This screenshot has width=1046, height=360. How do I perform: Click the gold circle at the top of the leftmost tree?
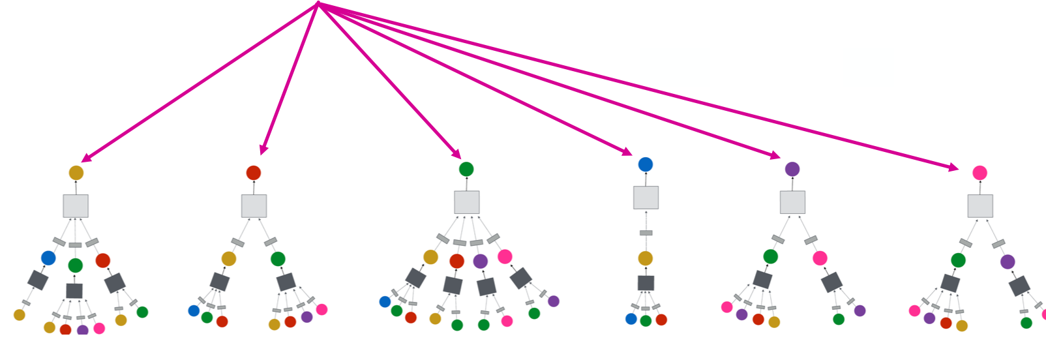point(76,173)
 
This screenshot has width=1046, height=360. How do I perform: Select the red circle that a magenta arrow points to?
point(254,173)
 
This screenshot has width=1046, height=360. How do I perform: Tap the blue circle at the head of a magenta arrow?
point(646,164)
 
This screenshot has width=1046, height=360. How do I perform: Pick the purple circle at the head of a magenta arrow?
point(792,169)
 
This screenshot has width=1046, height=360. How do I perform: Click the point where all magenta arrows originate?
point(318,3)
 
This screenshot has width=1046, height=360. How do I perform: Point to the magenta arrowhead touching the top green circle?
point(456,154)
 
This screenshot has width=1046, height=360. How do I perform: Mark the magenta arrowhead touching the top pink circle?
point(953,168)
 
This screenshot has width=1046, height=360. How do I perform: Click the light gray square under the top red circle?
point(254,206)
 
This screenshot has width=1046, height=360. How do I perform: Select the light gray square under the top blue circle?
point(646,198)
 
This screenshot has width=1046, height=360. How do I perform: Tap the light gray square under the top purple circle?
point(792,202)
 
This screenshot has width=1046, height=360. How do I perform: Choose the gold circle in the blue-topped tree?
point(646,258)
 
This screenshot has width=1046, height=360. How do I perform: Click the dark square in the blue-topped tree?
point(646,283)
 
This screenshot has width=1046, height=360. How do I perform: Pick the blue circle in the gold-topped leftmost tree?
point(48,258)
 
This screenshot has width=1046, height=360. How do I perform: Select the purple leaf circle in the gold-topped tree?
point(83,330)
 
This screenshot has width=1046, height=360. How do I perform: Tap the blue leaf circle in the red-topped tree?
point(194,310)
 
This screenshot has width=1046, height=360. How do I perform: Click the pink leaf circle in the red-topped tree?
point(321,309)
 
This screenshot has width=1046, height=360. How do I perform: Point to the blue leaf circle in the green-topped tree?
point(385,301)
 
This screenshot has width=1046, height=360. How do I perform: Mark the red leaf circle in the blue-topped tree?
point(661,320)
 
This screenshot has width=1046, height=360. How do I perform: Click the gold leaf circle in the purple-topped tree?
point(774,322)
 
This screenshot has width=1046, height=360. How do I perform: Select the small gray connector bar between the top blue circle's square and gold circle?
point(646,233)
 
